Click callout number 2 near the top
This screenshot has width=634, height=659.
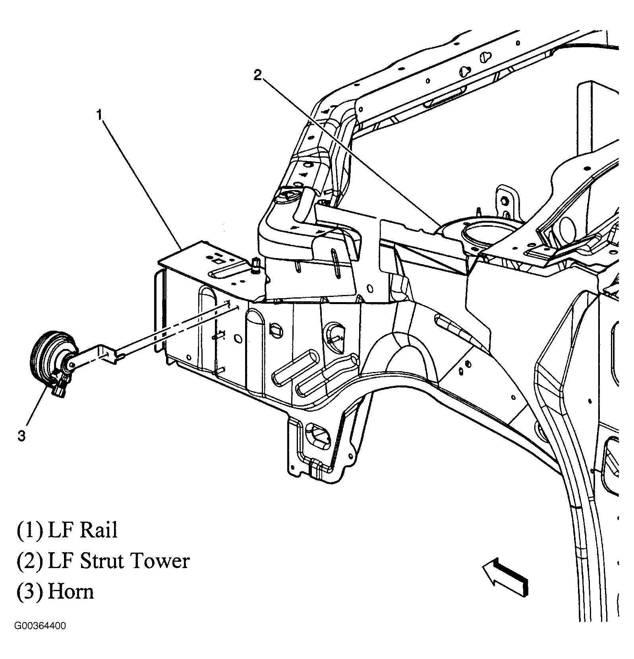(x=258, y=75)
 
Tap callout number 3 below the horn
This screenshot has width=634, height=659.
(x=21, y=436)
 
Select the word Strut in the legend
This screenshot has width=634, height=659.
(x=101, y=561)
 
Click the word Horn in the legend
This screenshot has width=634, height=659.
(x=70, y=592)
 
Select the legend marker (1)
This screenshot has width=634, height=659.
(x=29, y=530)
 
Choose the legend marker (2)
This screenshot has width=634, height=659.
(x=29, y=561)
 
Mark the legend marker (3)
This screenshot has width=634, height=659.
(x=29, y=592)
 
